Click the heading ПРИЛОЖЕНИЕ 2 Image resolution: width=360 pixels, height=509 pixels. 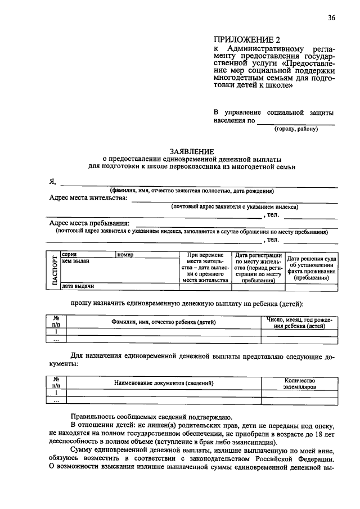246,39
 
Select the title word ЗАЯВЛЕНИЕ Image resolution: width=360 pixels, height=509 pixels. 192,151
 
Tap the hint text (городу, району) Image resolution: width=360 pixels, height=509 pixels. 296,129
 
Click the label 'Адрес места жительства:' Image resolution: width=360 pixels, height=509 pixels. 88,199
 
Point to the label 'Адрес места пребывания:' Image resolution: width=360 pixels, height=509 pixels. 89,223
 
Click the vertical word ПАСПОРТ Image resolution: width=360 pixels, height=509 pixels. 55,271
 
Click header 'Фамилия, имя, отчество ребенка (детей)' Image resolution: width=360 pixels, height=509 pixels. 164,322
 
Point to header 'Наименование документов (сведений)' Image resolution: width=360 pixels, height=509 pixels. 164,383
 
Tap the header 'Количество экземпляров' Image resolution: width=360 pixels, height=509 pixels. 299,384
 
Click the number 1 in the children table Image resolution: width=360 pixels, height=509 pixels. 56,332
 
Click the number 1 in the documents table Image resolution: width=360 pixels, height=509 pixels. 56,393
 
